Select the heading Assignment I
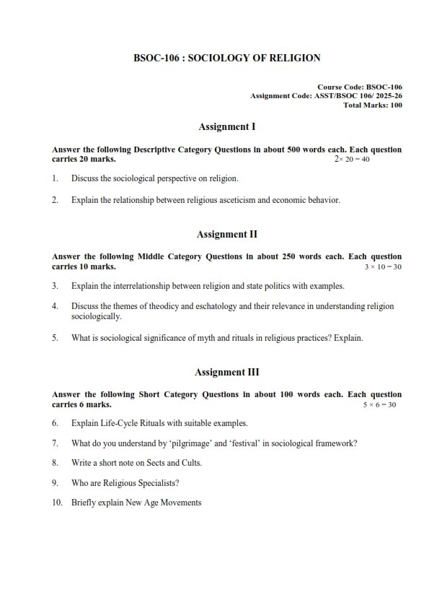226,126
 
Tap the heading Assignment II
226,234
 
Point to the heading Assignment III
226,373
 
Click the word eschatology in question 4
214,306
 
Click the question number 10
57,502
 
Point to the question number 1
55,178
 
